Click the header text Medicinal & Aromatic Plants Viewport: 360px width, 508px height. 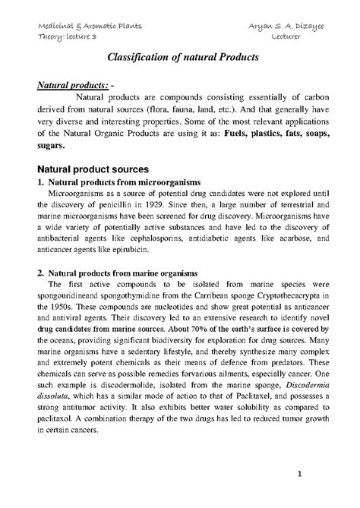click(x=90, y=28)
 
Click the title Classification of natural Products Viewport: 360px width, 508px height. click(x=179, y=58)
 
